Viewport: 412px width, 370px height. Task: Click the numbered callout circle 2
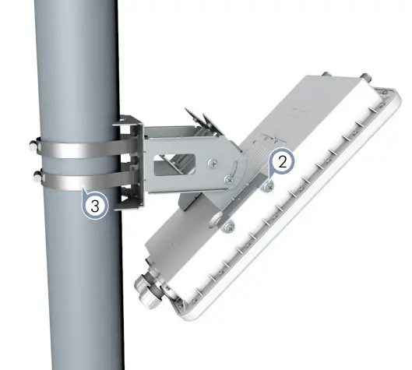coord(282,162)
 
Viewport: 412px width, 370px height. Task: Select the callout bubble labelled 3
coord(94,206)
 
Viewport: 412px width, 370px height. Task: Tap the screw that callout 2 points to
coord(268,185)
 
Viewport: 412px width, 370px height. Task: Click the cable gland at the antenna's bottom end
coord(148,284)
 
